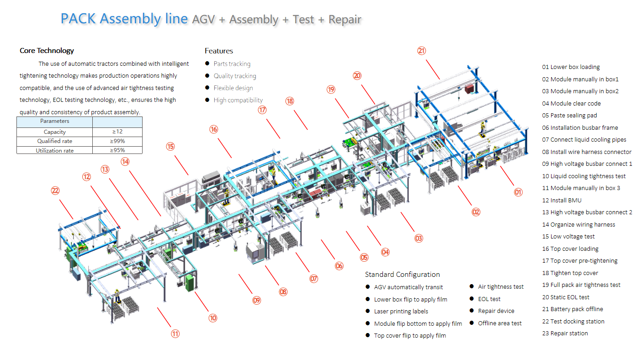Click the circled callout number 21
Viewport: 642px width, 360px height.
(x=421, y=51)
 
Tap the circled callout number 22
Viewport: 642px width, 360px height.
(x=55, y=191)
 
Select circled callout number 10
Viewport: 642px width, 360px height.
(x=212, y=318)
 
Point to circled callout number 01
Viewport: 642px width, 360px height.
(x=518, y=192)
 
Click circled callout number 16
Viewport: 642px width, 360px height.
(x=214, y=129)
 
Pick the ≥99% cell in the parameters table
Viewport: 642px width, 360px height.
(x=117, y=141)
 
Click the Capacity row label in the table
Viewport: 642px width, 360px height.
(x=55, y=132)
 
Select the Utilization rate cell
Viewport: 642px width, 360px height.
(x=55, y=150)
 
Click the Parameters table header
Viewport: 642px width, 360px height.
(x=55, y=121)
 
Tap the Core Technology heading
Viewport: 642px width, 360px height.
(x=47, y=51)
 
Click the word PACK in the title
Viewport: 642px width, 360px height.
(x=79, y=19)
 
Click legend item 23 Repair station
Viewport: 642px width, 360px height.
(x=565, y=333)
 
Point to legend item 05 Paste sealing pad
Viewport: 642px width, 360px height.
(x=569, y=116)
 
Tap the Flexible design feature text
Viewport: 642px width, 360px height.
(x=233, y=88)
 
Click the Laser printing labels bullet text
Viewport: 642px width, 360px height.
(x=401, y=311)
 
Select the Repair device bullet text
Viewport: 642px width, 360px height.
(x=496, y=311)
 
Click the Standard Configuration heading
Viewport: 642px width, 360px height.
(x=402, y=274)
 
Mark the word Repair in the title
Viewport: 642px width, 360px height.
(x=345, y=20)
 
